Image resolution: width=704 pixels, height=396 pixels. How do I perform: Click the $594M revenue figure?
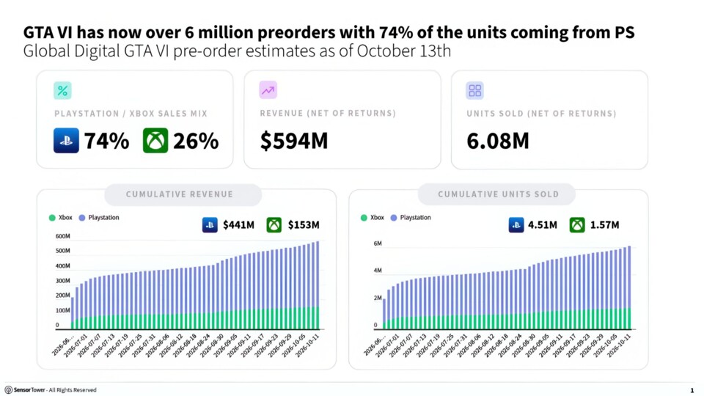click(x=294, y=141)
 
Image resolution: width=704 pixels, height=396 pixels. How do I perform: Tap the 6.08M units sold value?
click(x=498, y=141)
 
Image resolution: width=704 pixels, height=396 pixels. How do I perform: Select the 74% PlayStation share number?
click(x=106, y=141)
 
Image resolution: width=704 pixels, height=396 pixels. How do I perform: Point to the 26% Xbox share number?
click(x=196, y=141)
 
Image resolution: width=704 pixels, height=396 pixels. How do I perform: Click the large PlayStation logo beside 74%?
click(x=66, y=141)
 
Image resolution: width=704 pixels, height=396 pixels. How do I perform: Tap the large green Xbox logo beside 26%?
click(x=155, y=141)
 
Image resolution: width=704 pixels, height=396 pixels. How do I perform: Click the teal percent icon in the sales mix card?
click(x=62, y=91)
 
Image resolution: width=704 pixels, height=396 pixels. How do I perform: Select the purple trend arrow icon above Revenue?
click(x=268, y=90)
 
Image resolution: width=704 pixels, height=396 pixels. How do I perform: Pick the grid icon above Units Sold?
click(x=474, y=90)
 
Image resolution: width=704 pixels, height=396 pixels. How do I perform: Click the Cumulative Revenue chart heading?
click(x=180, y=194)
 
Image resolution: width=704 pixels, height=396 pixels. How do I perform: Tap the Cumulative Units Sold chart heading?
click(x=499, y=194)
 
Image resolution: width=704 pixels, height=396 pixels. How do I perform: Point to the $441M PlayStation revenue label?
click(x=238, y=224)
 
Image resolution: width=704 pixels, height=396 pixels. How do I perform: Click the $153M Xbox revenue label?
click(x=304, y=224)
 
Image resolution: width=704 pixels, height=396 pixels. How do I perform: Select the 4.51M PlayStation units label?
click(x=543, y=224)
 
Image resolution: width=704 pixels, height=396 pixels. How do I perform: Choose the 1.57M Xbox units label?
click(x=604, y=224)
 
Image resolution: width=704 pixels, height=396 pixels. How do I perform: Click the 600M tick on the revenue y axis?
click(x=63, y=236)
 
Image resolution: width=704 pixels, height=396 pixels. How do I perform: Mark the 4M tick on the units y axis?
click(x=378, y=271)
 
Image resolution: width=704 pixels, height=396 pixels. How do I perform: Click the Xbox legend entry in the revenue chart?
click(x=61, y=217)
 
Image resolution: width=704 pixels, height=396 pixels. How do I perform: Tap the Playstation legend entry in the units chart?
click(x=411, y=217)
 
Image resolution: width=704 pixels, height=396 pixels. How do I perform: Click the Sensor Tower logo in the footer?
click(x=25, y=389)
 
